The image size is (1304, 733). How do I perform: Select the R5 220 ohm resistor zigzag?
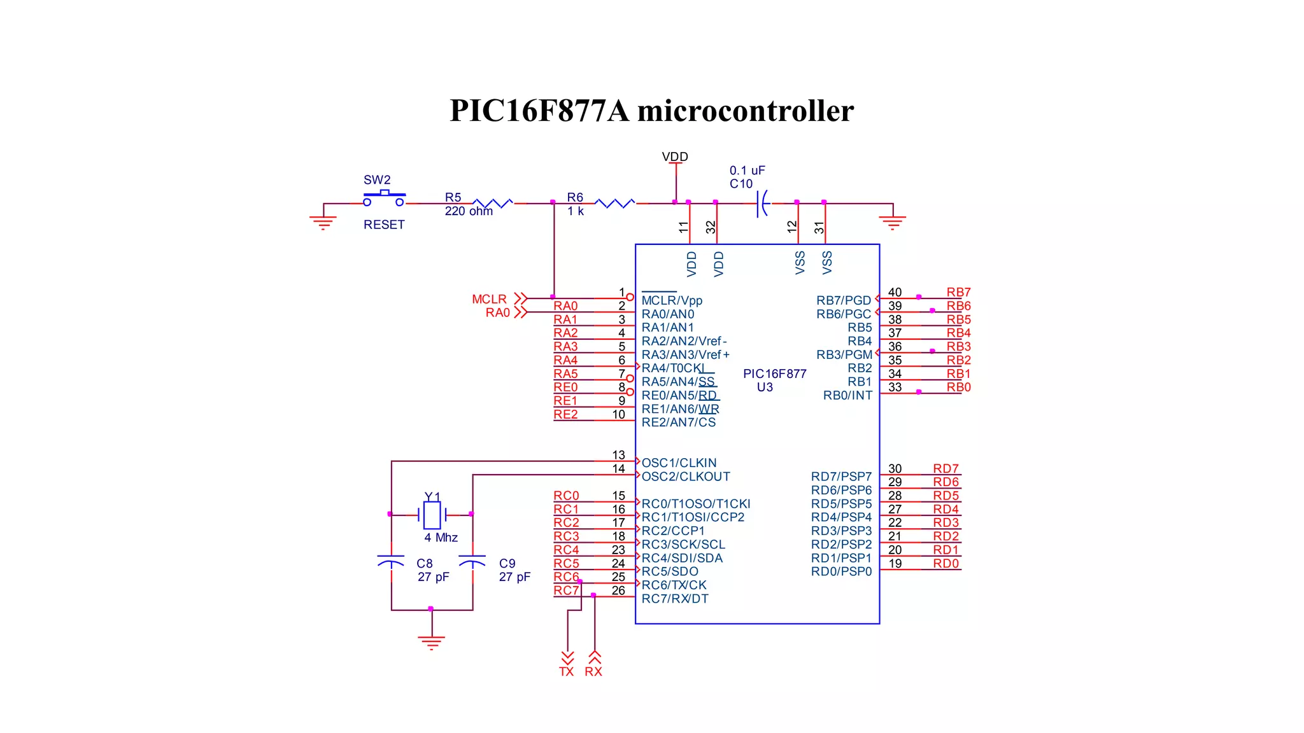(x=493, y=203)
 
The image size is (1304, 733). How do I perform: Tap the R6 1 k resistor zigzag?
(x=614, y=203)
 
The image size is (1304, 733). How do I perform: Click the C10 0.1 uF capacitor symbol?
(x=762, y=204)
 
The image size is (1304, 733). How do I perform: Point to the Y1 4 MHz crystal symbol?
(x=432, y=515)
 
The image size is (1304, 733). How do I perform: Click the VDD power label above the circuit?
(x=675, y=157)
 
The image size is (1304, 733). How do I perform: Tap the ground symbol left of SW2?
(x=323, y=222)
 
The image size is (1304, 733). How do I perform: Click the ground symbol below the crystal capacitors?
(x=432, y=641)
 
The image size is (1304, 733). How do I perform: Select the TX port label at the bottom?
(x=567, y=671)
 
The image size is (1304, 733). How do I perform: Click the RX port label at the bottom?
(x=593, y=671)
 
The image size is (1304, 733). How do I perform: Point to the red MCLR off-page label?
(x=489, y=299)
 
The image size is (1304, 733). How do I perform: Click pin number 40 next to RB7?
(x=895, y=292)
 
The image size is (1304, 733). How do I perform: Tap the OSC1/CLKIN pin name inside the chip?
(x=679, y=463)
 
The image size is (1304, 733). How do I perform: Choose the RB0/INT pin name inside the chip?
(x=847, y=395)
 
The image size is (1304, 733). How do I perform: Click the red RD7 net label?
(x=946, y=468)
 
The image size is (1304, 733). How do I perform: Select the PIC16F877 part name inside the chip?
(x=774, y=373)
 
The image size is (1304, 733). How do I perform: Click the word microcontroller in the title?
(x=745, y=111)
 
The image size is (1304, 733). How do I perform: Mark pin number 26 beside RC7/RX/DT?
(x=618, y=590)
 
